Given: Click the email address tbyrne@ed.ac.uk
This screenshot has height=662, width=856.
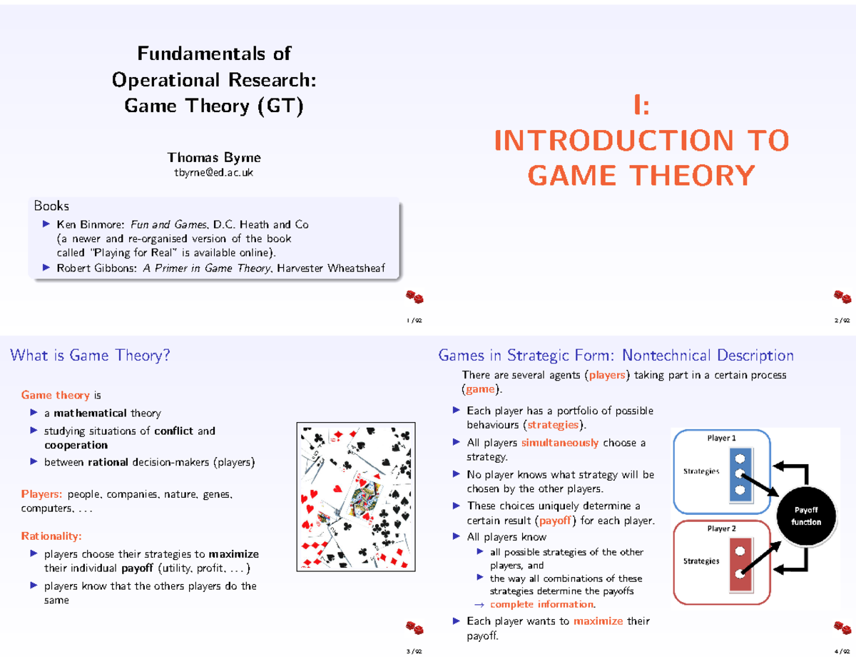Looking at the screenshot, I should point(214,174).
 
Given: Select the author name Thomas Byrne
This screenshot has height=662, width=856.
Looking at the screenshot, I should point(214,157).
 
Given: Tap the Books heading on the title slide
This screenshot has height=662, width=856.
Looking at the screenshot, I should point(51,206).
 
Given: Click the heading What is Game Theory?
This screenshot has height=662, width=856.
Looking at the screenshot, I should point(91,356).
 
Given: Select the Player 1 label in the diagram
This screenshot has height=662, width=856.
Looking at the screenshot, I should point(721,438).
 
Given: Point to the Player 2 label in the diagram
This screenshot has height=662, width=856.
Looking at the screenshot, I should point(721,528).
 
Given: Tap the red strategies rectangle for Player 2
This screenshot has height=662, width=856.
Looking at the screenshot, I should point(740,565).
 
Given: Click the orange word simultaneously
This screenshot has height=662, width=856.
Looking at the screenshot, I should point(560,443).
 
